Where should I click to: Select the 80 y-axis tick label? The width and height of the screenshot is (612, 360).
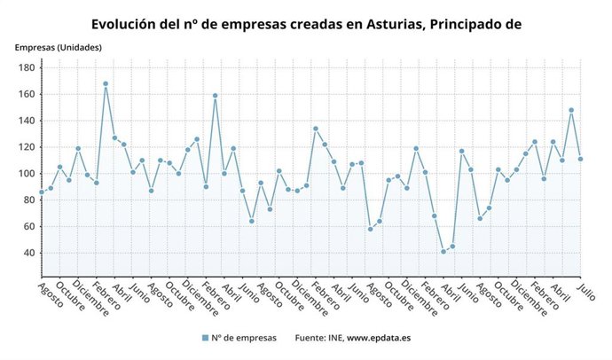[28, 200]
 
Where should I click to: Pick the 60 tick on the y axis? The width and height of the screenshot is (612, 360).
[28, 227]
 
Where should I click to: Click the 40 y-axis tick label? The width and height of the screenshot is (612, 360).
[28, 254]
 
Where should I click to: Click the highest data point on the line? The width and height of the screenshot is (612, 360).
[106, 83]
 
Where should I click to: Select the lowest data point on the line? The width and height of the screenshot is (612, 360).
[443, 252]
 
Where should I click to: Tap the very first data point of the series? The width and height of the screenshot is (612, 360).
[41, 192]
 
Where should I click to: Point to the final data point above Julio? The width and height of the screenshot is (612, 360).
[580, 159]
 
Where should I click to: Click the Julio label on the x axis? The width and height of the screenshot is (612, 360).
[587, 293]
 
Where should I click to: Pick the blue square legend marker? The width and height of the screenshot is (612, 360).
[205, 338]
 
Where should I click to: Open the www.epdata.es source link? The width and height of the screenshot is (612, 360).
[378, 338]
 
